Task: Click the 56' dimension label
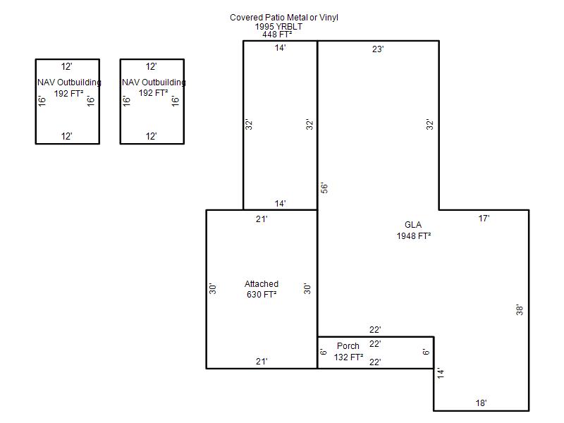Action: click(x=324, y=188)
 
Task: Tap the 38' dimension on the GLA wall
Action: click(x=520, y=310)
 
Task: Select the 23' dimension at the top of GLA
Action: click(x=378, y=49)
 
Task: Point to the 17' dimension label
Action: click(x=484, y=219)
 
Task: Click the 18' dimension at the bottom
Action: click(x=481, y=403)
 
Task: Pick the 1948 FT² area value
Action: click(x=414, y=236)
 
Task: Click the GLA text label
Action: click(x=413, y=225)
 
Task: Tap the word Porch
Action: click(x=348, y=346)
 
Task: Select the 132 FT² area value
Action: click(x=348, y=357)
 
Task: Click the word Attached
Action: click(x=262, y=284)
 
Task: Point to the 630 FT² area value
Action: click(x=262, y=295)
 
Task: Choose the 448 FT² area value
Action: click(x=277, y=35)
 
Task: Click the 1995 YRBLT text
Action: click(x=278, y=27)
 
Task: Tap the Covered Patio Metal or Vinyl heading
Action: click(x=284, y=17)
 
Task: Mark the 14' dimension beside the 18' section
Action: click(x=441, y=373)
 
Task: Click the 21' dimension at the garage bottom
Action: click(x=262, y=362)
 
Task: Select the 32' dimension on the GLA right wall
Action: click(x=429, y=125)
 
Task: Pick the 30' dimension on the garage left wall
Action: click(x=213, y=289)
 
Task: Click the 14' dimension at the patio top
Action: click(x=280, y=48)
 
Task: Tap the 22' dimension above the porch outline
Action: click(x=375, y=330)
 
